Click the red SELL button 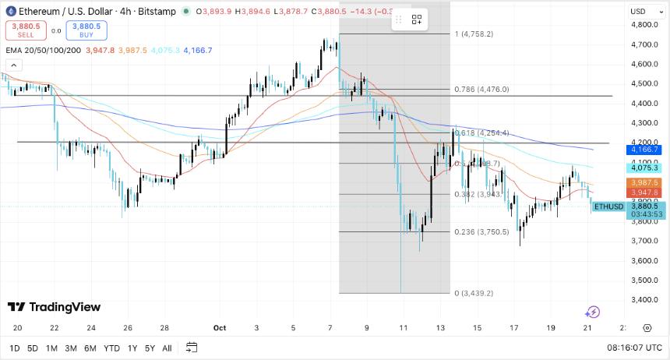pos(25,30)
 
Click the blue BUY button pos(86,30)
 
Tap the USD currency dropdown pos(640,11)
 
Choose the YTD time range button pos(111,348)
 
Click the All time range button pos(167,348)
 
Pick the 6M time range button pos(90,348)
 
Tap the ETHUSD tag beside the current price pos(608,206)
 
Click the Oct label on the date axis pos(220,328)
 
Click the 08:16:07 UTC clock pos(635,348)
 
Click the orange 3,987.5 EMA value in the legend pos(132,51)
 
